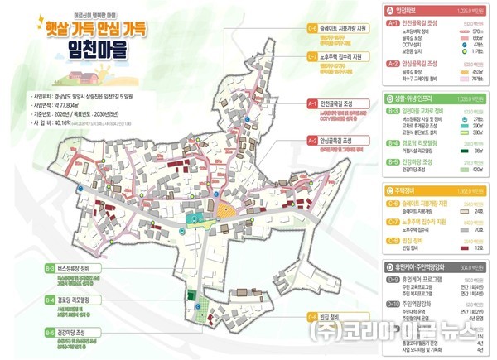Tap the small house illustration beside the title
pos(159,36)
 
